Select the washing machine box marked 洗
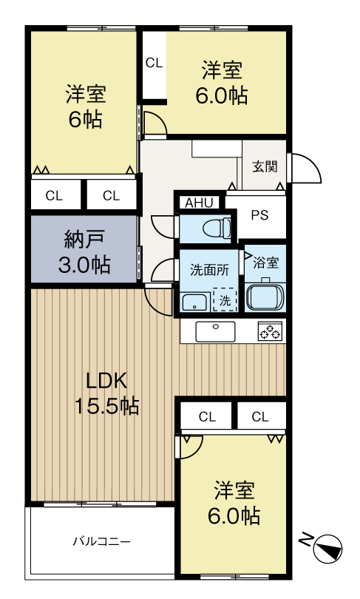coord(225,299)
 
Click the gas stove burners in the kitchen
coord(270,332)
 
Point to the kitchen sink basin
coord(215,331)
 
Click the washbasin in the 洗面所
coord(194,301)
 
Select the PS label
coord(259,216)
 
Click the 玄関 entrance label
coord(264,166)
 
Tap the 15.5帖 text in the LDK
coord(106,406)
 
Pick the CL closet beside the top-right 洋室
coord(154,64)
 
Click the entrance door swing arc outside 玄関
coord(307,168)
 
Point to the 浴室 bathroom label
coord(265,262)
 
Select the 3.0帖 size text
coord(85,264)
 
